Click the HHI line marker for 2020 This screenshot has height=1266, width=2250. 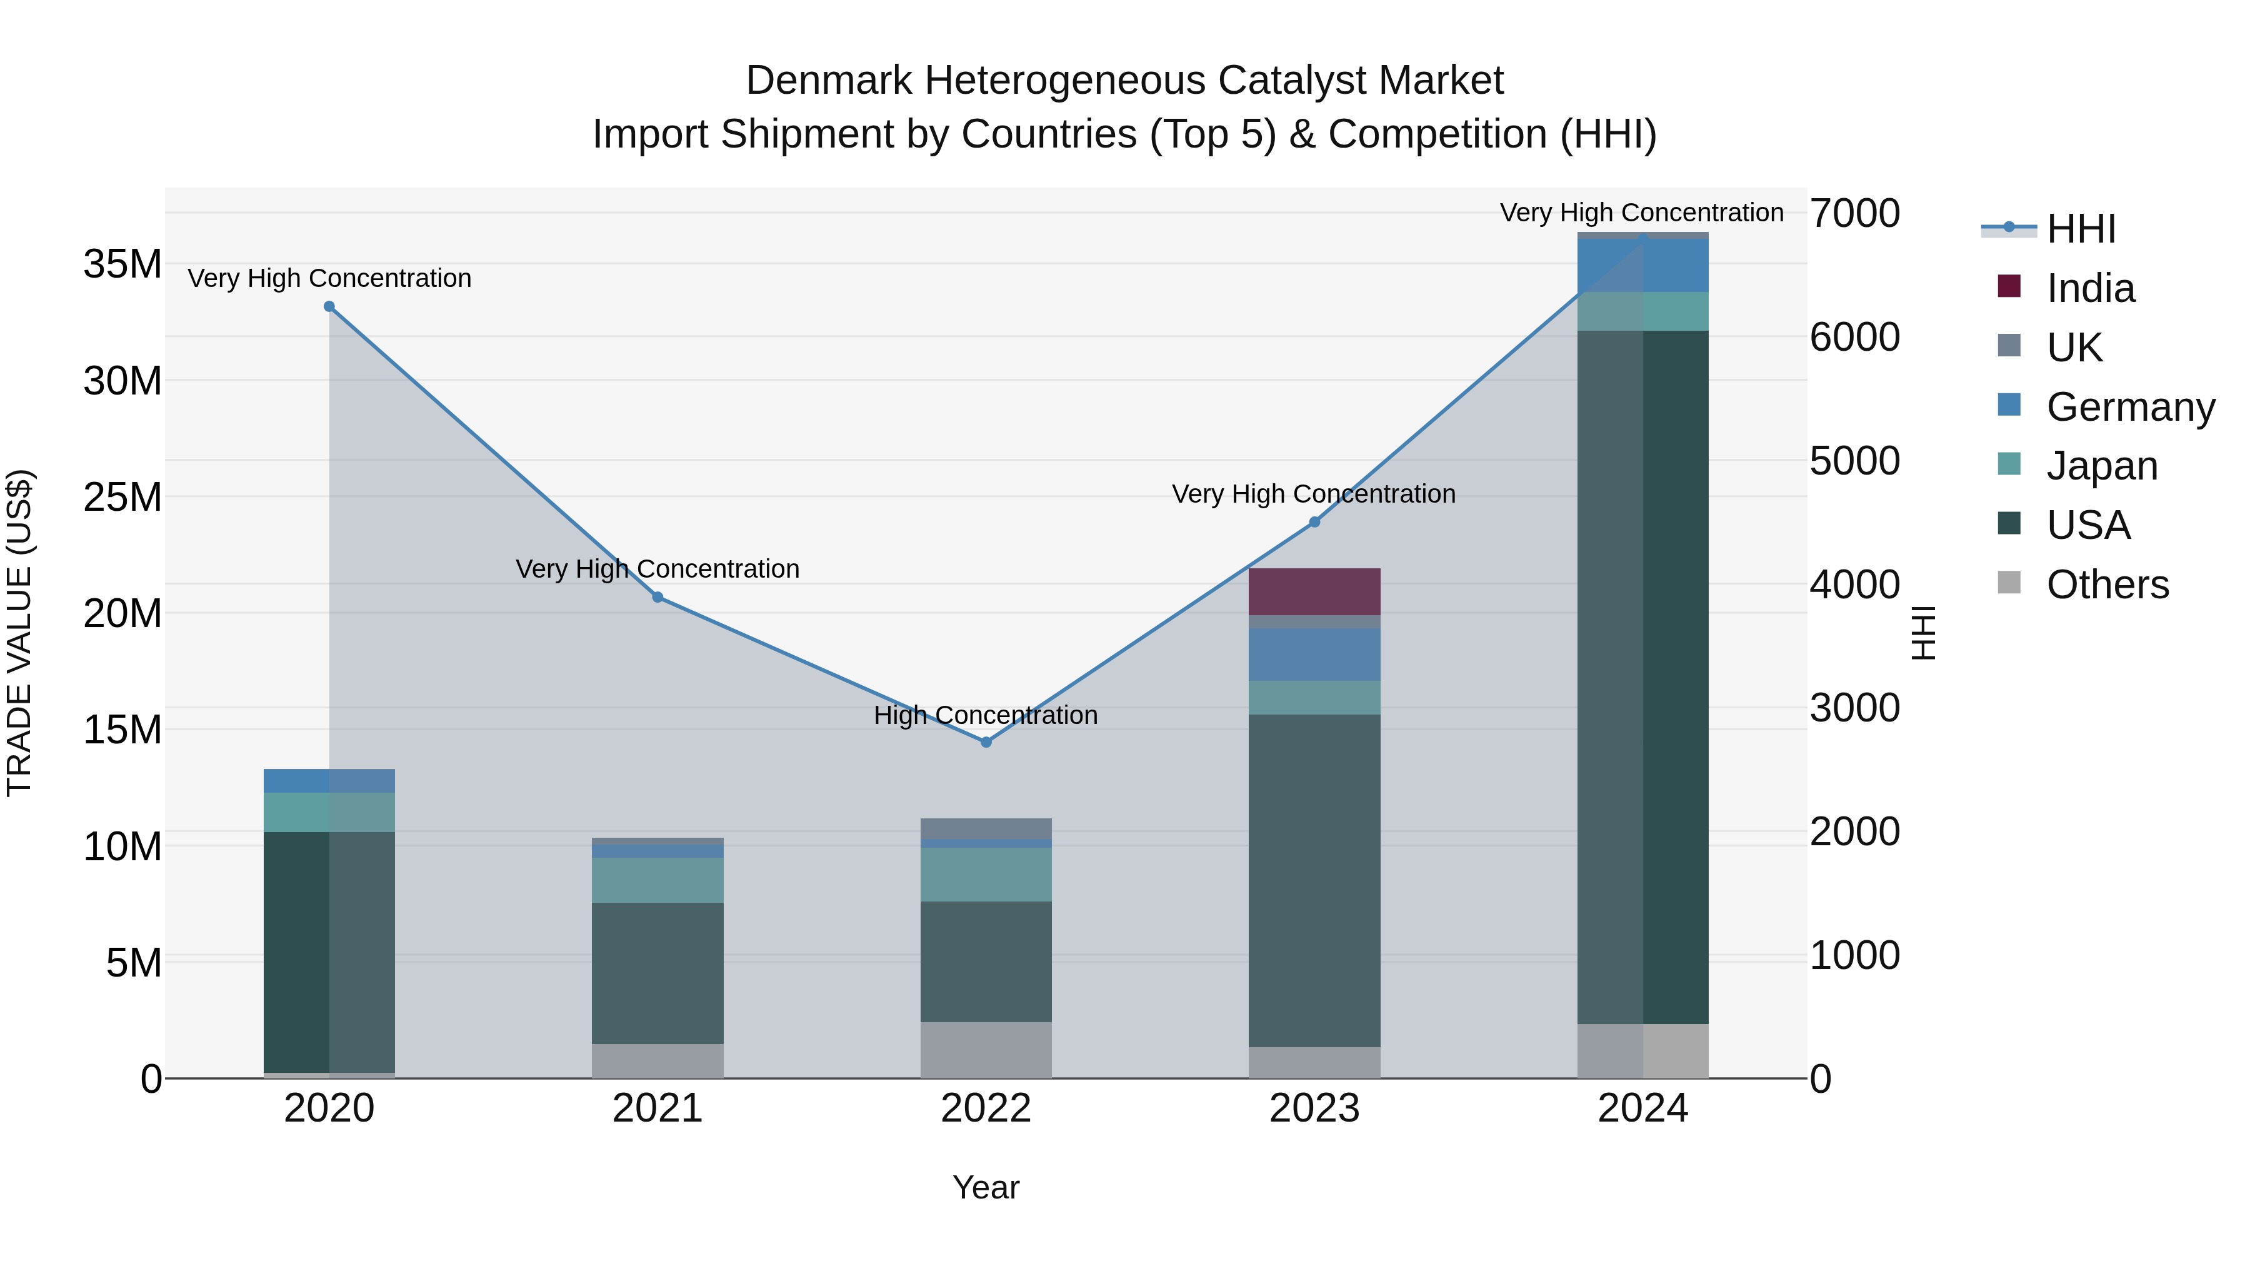[x=329, y=307]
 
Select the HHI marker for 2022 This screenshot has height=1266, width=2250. [x=986, y=743]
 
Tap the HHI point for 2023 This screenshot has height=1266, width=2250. [x=1314, y=523]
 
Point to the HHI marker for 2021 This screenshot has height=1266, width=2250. [x=657, y=598]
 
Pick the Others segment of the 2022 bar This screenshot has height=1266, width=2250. [x=986, y=1050]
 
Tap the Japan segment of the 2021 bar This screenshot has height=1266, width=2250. [x=657, y=880]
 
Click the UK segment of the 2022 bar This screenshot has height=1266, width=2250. [x=986, y=828]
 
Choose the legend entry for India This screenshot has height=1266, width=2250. [x=2090, y=288]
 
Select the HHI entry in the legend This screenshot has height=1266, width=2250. [x=2081, y=229]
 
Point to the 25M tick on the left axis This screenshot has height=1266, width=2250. [x=122, y=497]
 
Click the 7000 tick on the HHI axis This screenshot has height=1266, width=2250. [x=1854, y=213]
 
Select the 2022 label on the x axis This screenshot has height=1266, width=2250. [x=986, y=1108]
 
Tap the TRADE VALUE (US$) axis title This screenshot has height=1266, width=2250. [x=20, y=633]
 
